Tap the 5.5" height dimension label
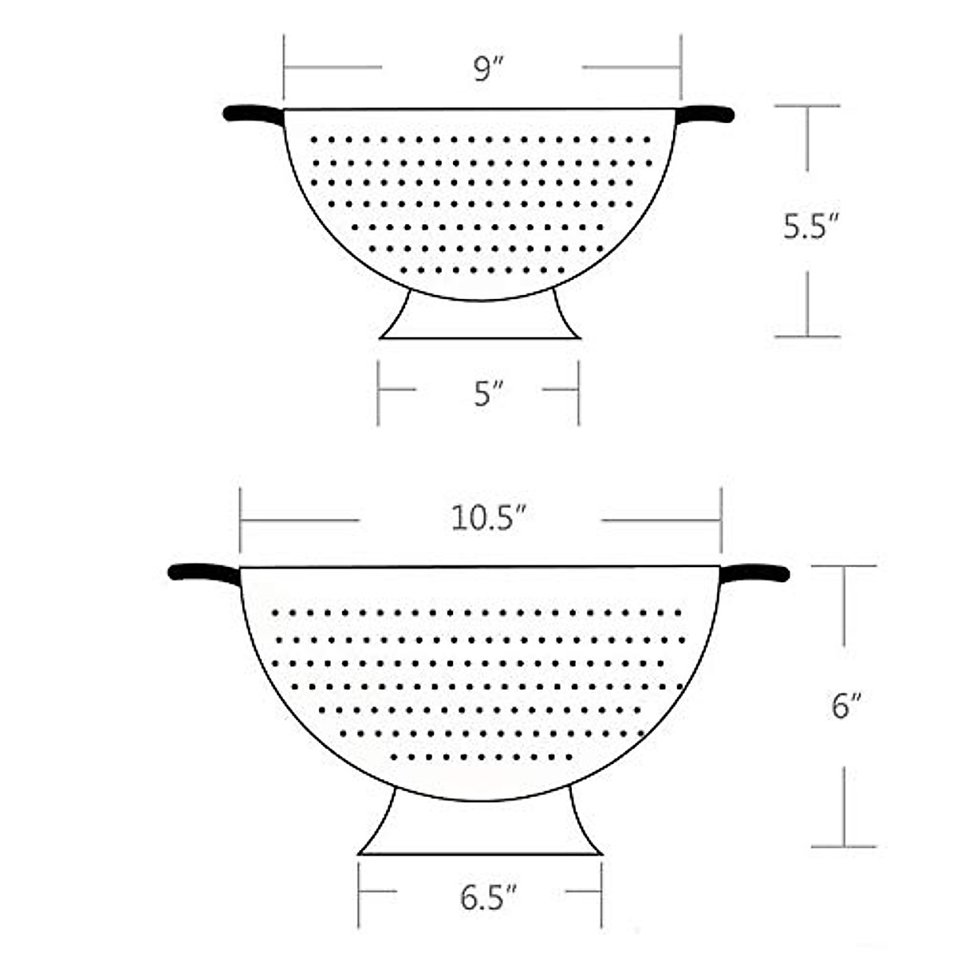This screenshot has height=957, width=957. (x=808, y=226)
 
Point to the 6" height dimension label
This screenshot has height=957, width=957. (x=843, y=707)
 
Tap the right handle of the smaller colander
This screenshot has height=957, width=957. (x=705, y=114)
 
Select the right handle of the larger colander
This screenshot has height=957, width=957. (x=754, y=573)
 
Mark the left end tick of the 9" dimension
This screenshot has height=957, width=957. (x=284, y=68)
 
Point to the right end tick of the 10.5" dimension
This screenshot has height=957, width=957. (x=721, y=520)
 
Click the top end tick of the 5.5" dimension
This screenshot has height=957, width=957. (x=807, y=105)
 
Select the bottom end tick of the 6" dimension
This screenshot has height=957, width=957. (x=844, y=846)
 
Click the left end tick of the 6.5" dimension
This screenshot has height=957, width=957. (x=359, y=891)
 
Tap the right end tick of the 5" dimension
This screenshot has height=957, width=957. (x=578, y=390)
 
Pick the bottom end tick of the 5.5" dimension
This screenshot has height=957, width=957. (x=807, y=337)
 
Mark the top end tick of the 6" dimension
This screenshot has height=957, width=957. (x=844, y=566)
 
